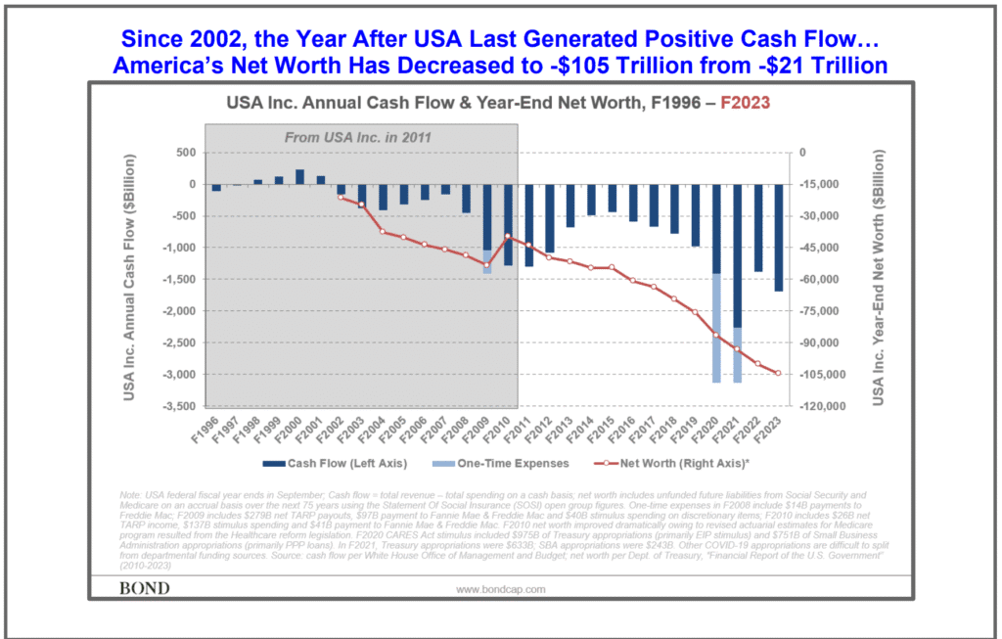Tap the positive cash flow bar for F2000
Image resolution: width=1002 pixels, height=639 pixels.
[x=299, y=176]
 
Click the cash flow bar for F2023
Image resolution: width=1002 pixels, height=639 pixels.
[x=779, y=237]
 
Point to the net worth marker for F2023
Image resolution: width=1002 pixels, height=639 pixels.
[x=779, y=373]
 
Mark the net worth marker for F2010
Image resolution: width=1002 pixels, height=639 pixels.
[x=508, y=236]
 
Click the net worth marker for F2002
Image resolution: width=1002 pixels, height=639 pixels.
[x=342, y=198]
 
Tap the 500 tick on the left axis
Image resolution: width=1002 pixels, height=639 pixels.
[x=185, y=153]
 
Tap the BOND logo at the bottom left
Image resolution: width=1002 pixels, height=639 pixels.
[x=144, y=588]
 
